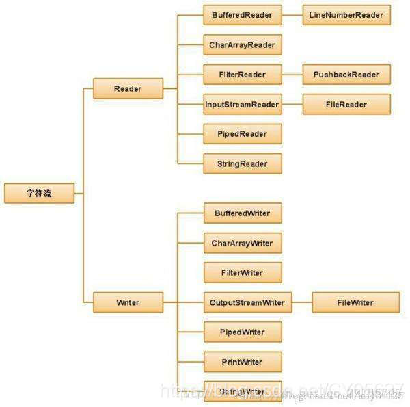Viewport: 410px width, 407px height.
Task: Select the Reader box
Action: tap(128, 89)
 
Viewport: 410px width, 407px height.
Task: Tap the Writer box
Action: tap(128, 302)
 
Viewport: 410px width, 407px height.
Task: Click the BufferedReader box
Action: tap(243, 15)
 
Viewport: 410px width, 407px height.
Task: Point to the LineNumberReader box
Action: tap(347, 15)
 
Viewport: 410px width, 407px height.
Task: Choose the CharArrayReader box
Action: tap(243, 45)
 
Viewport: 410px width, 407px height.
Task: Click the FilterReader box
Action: tap(243, 75)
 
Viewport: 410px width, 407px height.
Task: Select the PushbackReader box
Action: tap(346, 75)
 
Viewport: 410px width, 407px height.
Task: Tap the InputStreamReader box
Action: tap(243, 105)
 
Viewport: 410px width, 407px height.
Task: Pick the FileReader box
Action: tap(346, 105)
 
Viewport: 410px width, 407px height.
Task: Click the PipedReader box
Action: tap(243, 134)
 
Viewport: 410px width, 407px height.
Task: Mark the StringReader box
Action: tap(243, 163)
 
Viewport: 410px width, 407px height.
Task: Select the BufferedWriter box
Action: tap(243, 213)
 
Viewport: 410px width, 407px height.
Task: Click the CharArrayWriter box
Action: tap(243, 243)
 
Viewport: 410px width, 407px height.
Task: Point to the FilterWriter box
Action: tap(243, 272)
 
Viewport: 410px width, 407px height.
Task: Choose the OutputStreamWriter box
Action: tap(248, 302)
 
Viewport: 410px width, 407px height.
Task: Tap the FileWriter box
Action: tap(356, 302)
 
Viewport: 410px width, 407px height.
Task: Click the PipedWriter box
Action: tap(243, 332)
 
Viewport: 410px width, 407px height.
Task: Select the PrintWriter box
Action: tap(243, 361)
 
